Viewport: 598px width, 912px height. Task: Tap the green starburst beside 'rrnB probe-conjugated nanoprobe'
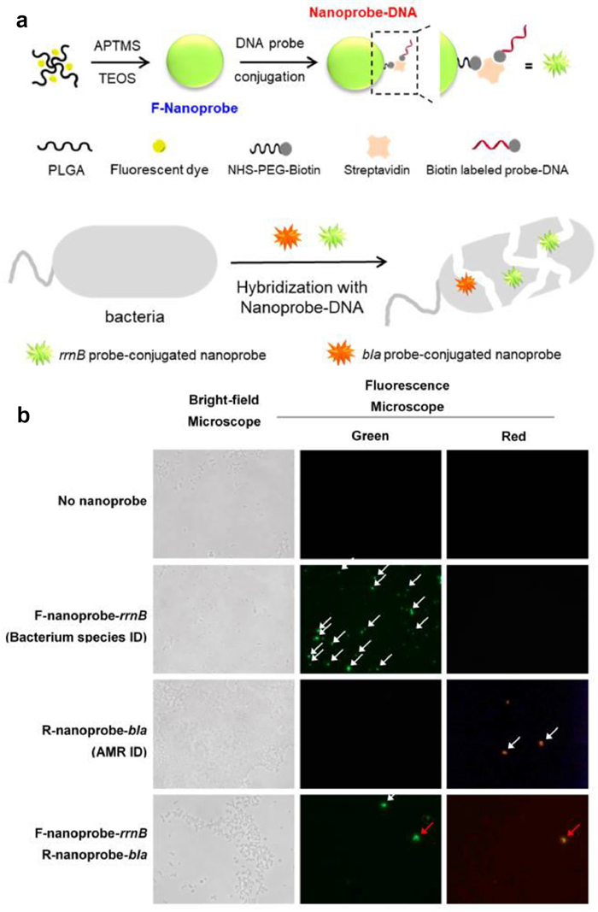click(40, 354)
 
